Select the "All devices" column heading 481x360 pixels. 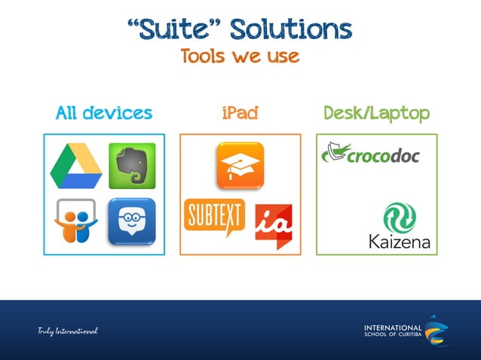(x=104, y=113)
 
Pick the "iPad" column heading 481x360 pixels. (x=240, y=113)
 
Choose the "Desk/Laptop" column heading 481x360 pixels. (x=376, y=113)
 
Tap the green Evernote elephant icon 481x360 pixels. (x=132, y=165)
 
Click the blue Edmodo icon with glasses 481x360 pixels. (x=132, y=221)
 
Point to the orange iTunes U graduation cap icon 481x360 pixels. (x=240, y=165)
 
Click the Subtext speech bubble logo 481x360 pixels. (x=216, y=217)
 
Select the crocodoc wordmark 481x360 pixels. (x=383, y=156)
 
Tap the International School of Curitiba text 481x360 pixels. (x=393, y=331)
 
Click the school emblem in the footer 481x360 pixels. (x=437, y=330)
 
